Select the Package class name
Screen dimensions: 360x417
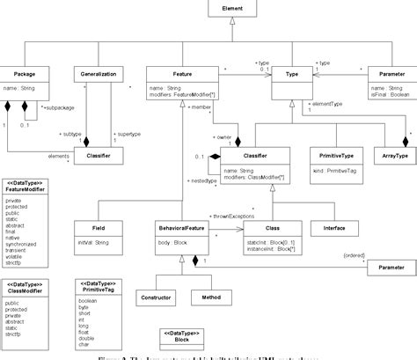(x=24, y=75)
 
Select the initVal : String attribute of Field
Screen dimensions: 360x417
(x=91, y=217)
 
